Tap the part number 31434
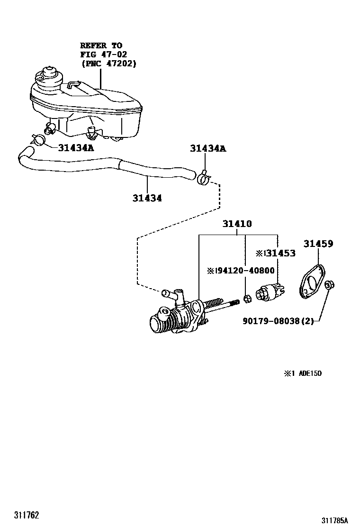pos(147,199)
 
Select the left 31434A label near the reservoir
pos(76,148)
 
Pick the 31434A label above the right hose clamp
pos(208,148)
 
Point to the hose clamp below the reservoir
pos(38,139)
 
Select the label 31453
pos(280,253)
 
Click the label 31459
pos(318,244)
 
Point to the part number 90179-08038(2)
pos(278,321)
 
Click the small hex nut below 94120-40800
pos(246,298)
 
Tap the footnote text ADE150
pos(310,373)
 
